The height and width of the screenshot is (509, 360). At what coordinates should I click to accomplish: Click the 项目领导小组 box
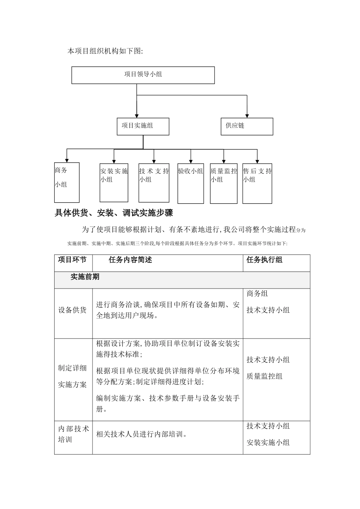pyautogui.click(x=143, y=75)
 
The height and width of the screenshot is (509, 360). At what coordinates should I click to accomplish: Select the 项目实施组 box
pyautogui.click(x=143, y=126)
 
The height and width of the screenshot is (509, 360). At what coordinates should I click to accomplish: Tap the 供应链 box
pyautogui.click(x=247, y=126)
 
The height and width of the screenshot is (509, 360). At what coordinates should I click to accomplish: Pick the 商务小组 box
pyautogui.click(x=67, y=182)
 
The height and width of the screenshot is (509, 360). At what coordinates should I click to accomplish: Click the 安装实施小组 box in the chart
pyautogui.click(x=114, y=182)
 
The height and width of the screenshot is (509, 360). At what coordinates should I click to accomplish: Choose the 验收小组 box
pyautogui.click(x=191, y=182)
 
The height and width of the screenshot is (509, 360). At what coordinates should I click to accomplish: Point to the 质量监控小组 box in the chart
pyautogui.click(x=224, y=182)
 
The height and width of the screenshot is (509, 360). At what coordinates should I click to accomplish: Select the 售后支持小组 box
pyautogui.click(x=257, y=182)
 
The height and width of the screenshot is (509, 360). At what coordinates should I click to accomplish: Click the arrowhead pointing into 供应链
pyautogui.click(x=247, y=115)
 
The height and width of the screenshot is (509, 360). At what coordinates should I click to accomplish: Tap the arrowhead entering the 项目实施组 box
pyautogui.click(x=137, y=115)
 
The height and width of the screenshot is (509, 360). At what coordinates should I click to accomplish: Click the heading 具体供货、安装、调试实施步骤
pyautogui.click(x=114, y=213)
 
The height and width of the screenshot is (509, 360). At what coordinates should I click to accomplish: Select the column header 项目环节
pyautogui.click(x=72, y=260)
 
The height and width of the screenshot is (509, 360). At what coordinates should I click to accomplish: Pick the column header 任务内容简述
pyautogui.click(x=130, y=260)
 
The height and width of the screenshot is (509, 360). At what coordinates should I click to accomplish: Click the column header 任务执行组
pyautogui.click(x=265, y=260)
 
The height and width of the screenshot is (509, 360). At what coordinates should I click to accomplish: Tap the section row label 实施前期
pyautogui.click(x=85, y=277)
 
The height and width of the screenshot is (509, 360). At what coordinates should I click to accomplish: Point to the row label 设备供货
pyautogui.click(x=72, y=310)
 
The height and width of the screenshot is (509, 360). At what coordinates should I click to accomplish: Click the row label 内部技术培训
pyautogui.click(x=73, y=434)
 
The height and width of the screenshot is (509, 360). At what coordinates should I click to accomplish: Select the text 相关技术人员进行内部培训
pyautogui.click(x=142, y=434)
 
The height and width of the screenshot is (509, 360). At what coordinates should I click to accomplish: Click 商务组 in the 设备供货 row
pyautogui.click(x=257, y=294)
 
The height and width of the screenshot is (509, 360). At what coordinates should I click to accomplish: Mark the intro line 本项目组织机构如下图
pyautogui.click(x=105, y=51)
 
